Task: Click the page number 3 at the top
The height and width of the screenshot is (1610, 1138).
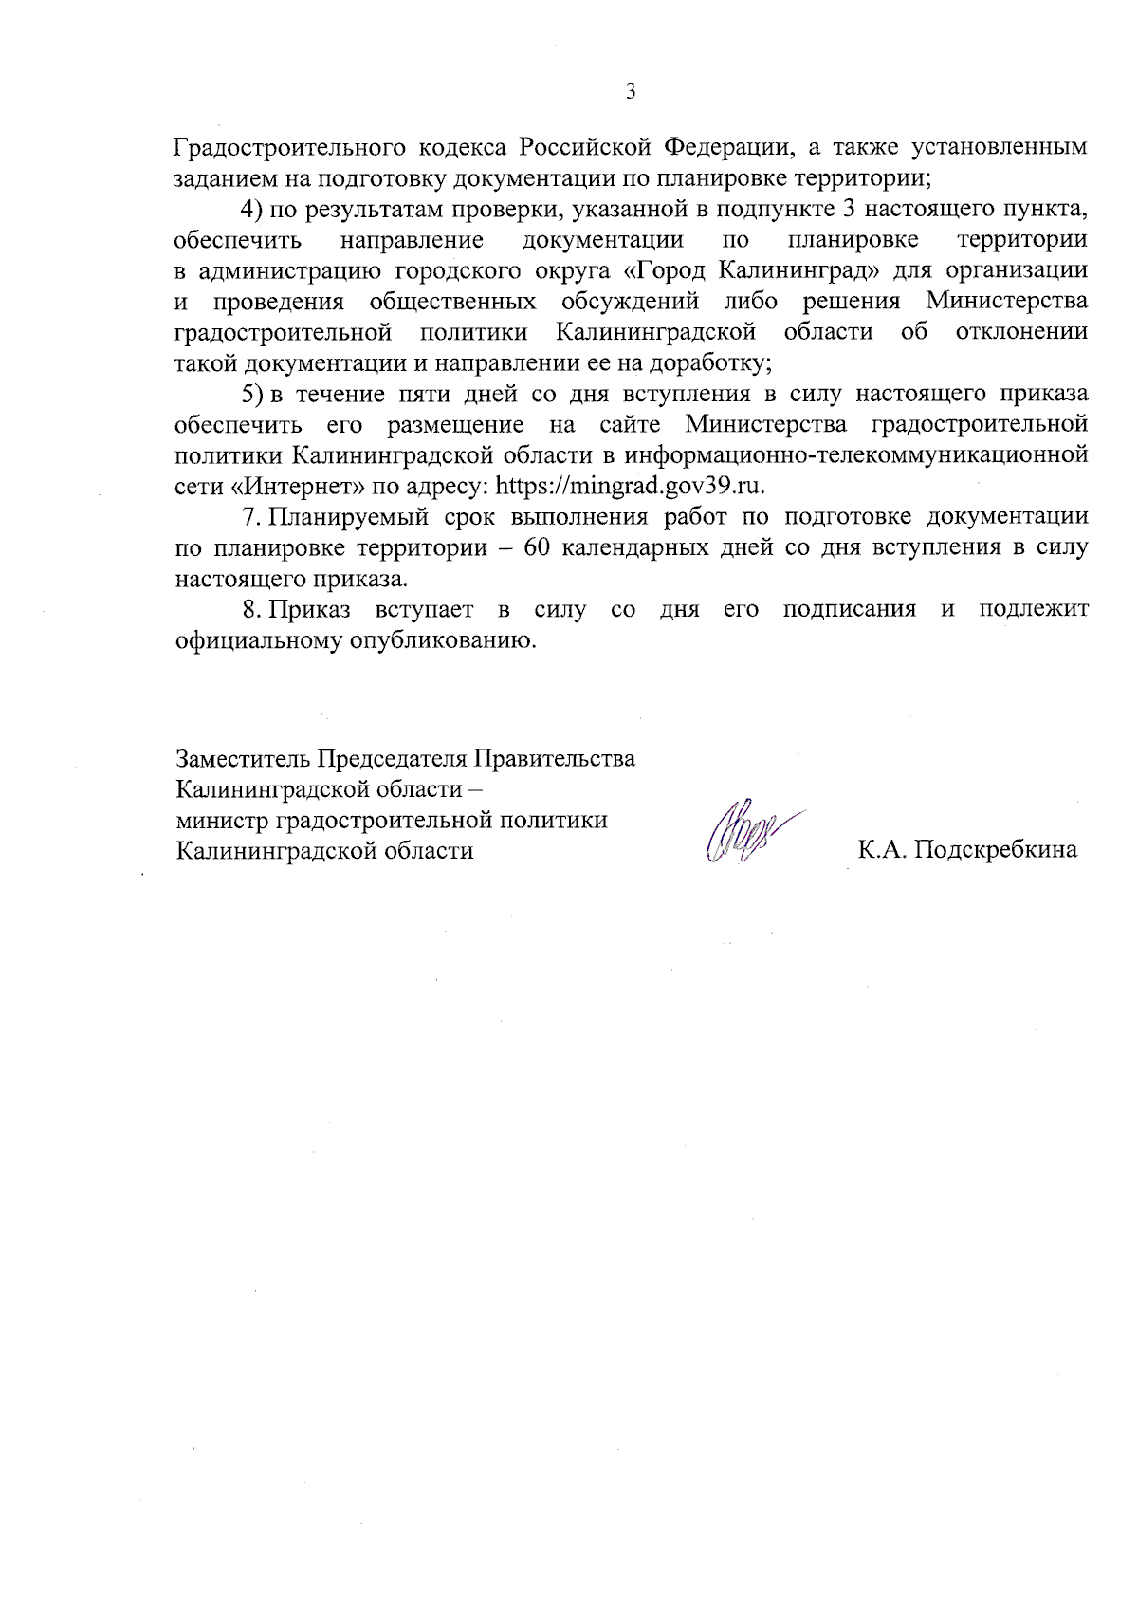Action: [630, 92]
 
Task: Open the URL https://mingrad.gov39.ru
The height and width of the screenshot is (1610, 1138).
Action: [631, 487]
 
